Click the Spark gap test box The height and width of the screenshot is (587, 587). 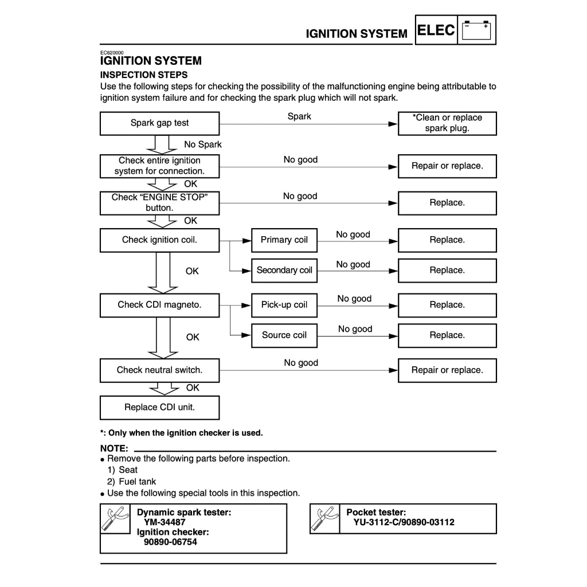coord(159,123)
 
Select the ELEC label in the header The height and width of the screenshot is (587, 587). coord(436,30)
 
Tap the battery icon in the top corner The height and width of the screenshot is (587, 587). coord(477,30)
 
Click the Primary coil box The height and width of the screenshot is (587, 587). coord(284,240)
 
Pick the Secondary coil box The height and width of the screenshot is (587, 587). coord(284,271)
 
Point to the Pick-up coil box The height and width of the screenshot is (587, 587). coord(284,305)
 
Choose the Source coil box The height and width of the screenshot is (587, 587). coord(284,335)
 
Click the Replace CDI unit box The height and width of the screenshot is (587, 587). coord(159,408)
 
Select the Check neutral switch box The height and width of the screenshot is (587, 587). coord(159,370)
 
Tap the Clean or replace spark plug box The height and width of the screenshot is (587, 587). coord(447,123)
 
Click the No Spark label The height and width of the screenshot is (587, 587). coord(203,144)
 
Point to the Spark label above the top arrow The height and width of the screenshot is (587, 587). coord(299,116)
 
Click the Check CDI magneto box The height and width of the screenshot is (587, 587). coord(159,305)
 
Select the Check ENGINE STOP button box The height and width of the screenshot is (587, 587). coord(159,203)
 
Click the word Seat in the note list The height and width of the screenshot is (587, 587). coord(128,470)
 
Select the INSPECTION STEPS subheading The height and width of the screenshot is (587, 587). coord(144,75)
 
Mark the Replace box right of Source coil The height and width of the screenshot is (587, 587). coord(447,335)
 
